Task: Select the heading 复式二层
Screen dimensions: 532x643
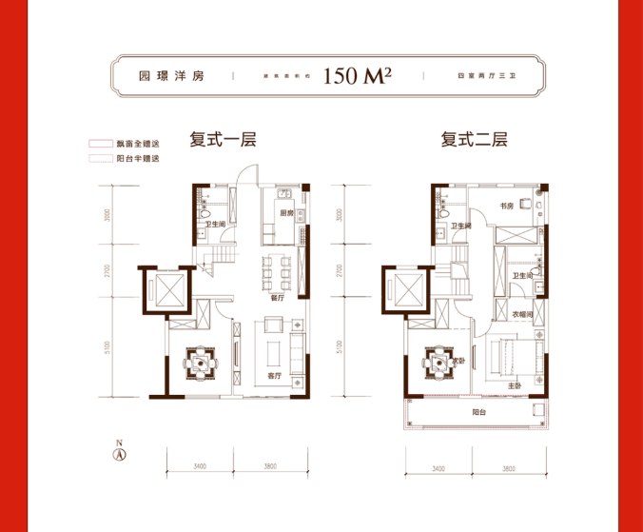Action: point(474,139)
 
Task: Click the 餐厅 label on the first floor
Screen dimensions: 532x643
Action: point(277,297)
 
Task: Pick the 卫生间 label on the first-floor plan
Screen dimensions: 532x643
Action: point(213,225)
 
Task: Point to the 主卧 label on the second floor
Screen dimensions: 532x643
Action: point(514,385)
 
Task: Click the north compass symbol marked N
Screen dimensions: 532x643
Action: point(120,452)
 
